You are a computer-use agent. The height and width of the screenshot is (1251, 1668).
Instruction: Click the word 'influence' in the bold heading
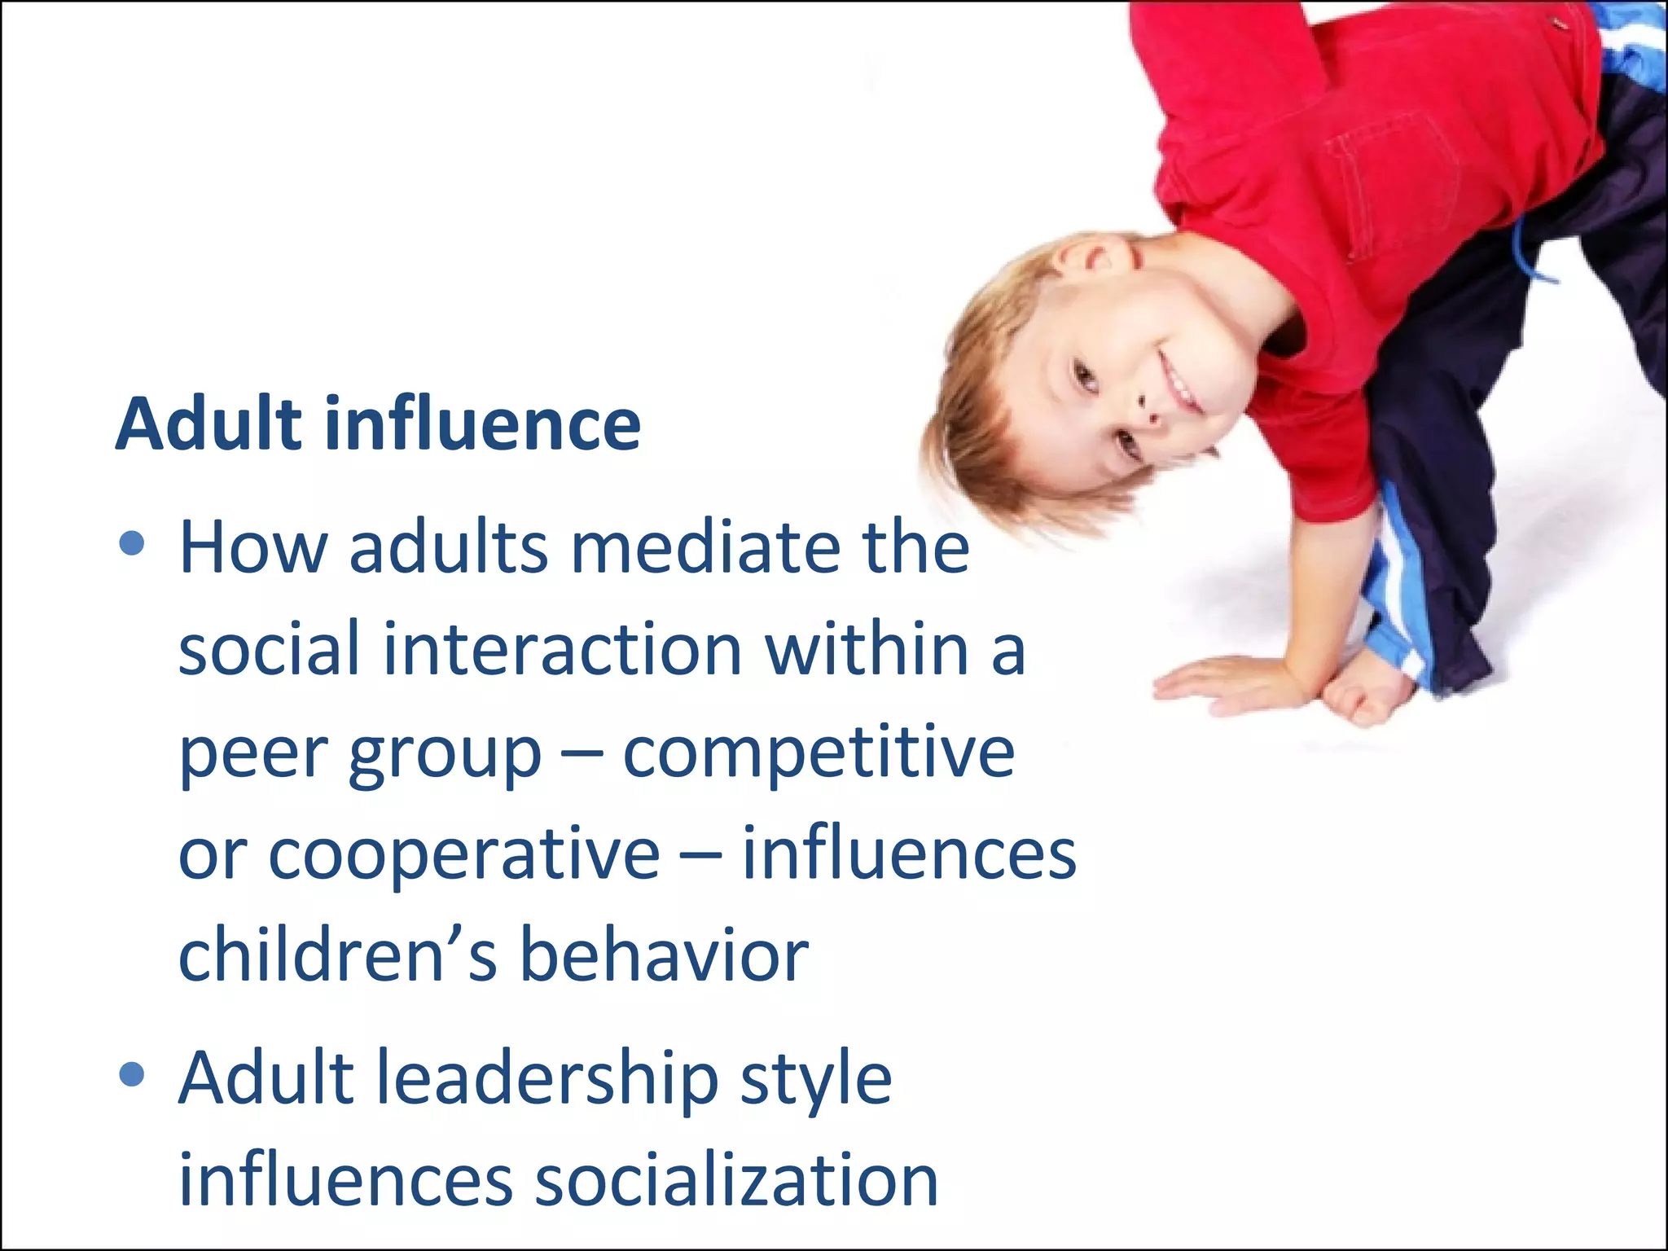pos(482,424)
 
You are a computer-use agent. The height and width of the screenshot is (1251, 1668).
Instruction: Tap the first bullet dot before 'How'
pos(131,543)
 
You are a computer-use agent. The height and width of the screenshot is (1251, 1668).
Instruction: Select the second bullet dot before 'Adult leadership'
pos(131,1074)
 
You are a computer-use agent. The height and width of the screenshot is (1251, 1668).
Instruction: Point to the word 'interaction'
pos(562,649)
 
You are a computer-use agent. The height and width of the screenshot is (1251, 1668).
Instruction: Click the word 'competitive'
pos(819,753)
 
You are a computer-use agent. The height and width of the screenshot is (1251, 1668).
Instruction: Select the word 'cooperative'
pos(464,855)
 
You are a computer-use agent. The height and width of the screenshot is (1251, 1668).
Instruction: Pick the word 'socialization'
pos(736,1181)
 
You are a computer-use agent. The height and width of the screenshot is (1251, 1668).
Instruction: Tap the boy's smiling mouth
pos(1179,383)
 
